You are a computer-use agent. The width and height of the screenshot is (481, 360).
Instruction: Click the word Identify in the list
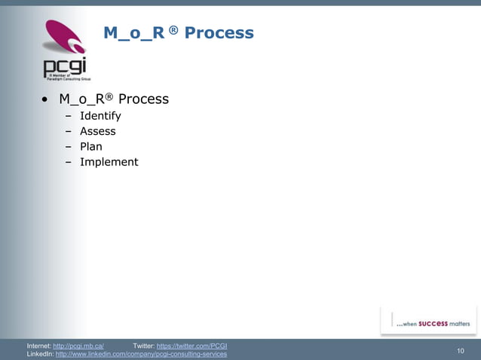pos(100,116)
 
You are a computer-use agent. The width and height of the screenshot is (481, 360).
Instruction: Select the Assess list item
pos(98,131)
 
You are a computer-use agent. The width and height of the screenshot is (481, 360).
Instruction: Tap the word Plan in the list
pos(91,147)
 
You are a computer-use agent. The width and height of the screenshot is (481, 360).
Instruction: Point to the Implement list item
pos(109,162)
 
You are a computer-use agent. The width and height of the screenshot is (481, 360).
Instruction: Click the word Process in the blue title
pos(219,33)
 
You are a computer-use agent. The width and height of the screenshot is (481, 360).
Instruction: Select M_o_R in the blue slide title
pos(135,33)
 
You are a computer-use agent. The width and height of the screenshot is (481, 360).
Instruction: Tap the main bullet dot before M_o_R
pos(46,100)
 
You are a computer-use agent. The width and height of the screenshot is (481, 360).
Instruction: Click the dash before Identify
pos(68,116)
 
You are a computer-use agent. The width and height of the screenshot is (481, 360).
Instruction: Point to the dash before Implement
pos(68,162)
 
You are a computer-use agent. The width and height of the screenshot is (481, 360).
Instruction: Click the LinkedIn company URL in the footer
pos(141,354)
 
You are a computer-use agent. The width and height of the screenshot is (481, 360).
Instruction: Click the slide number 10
pos(461,350)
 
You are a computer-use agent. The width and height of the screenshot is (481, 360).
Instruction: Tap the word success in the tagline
pos(434,324)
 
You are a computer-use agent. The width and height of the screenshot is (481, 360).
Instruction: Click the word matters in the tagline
pos(460,324)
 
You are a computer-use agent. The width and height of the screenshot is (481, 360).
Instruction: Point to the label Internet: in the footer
pos(39,346)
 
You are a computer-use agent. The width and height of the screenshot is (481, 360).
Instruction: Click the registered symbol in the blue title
pos(173,30)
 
